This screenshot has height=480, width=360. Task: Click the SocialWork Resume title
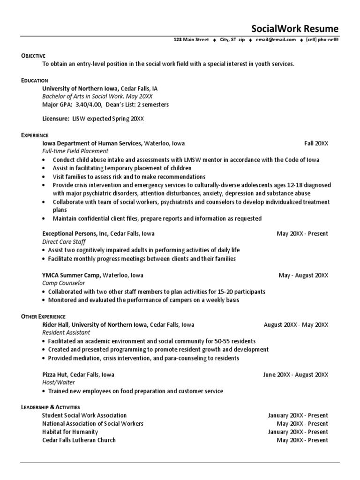(294, 29)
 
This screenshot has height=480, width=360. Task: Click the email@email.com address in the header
(276, 40)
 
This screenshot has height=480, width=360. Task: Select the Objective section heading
(33, 56)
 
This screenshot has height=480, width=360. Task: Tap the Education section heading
(35, 81)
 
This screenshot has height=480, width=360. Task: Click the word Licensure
(55, 119)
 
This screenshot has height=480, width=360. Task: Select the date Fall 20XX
(316, 143)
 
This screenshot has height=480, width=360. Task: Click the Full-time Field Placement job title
(75, 151)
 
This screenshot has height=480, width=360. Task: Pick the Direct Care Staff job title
(64, 242)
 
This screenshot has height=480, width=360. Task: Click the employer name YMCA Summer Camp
(71, 275)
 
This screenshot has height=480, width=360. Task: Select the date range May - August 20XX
(303, 275)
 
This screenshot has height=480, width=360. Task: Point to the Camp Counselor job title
(64, 284)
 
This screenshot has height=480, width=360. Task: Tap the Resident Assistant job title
(66, 333)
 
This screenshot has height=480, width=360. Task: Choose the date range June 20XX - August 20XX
(295, 375)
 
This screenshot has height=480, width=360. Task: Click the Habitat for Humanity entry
(70, 432)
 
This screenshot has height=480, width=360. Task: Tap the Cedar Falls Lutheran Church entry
(79, 440)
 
